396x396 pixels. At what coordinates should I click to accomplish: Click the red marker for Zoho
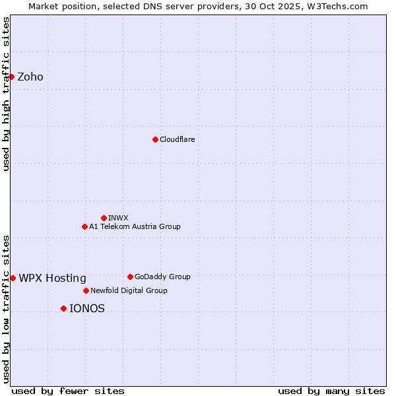coord(11,77)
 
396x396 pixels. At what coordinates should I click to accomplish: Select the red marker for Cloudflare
coord(155,139)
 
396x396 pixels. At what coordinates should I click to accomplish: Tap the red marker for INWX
coord(104,218)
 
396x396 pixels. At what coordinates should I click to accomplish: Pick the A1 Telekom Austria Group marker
coord(84,226)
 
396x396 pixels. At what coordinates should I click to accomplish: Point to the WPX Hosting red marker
coord(13,278)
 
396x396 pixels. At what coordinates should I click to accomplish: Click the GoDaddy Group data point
coord(130,277)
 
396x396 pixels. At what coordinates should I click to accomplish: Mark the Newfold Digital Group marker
coord(86,290)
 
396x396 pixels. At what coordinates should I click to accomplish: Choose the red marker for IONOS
coord(63,308)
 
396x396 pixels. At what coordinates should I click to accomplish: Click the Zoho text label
coord(30,77)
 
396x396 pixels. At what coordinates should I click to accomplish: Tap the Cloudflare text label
coord(178,139)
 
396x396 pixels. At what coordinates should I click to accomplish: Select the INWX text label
coord(118,218)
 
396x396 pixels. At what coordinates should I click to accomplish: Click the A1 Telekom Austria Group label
coord(135,226)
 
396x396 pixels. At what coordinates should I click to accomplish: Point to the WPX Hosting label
coord(53,278)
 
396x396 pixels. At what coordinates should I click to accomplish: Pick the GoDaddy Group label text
coord(162,277)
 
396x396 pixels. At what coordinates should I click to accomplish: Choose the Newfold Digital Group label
coord(129,290)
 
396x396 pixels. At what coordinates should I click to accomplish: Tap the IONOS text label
coord(87,308)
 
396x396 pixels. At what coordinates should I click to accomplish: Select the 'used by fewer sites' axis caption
coord(68,391)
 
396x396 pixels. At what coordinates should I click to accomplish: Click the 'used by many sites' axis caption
coord(331,391)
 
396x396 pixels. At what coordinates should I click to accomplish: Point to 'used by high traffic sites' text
coord(6,94)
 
